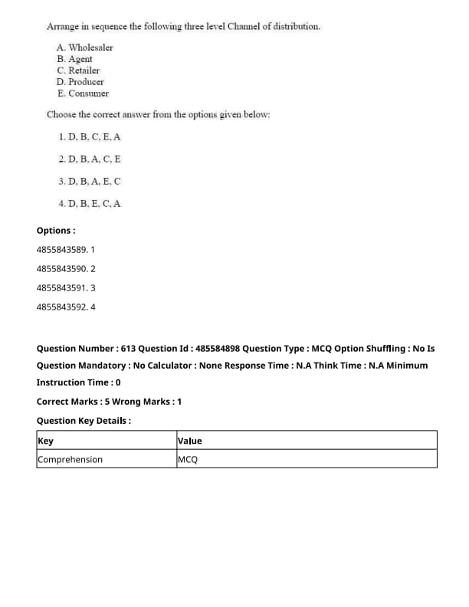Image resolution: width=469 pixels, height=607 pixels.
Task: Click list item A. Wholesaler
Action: [x=84, y=48]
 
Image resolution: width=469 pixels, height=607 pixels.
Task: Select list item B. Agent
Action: [x=74, y=59]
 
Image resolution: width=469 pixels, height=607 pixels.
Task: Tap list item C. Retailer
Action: [x=78, y=71]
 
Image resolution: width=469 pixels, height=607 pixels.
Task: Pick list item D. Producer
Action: [x=80, y=82]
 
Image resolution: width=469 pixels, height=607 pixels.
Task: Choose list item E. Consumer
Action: [x=82, y=94]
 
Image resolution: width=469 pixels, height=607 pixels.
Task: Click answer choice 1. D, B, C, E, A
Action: [x=89, y=137]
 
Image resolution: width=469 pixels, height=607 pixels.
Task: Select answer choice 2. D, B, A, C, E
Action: [x=89, y=159]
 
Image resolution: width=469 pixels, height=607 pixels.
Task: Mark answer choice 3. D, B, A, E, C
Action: [x=89, y=182]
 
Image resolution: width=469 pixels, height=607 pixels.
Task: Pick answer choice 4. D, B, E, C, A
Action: [x=89, y=204]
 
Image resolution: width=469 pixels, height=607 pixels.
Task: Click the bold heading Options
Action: [x=56, y=231]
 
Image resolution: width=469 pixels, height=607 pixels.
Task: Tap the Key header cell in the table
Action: [x=46, y=441]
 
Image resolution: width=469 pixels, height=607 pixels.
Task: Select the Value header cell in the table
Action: [x=190, y=441]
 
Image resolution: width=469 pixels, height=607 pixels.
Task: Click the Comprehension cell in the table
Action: [x=70, y=460]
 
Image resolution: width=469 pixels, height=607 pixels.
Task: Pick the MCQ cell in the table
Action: [x=187, y=460]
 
